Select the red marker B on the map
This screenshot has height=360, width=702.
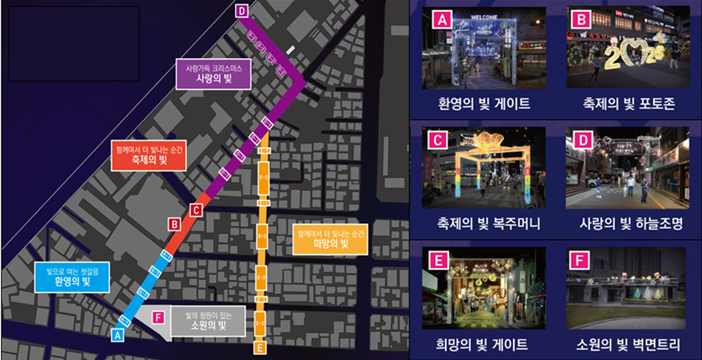(175, 225)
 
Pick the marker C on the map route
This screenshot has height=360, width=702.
(195, 210)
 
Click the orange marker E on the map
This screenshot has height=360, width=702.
(260, 347)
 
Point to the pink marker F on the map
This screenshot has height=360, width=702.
(158, 317)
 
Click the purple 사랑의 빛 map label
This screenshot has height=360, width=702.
(213, 75)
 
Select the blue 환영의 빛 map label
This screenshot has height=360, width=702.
(72, 276)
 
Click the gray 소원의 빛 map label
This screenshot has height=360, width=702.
(206, 321)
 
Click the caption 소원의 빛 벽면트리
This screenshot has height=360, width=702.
(628, 344)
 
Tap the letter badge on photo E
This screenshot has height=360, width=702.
(438, 260)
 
